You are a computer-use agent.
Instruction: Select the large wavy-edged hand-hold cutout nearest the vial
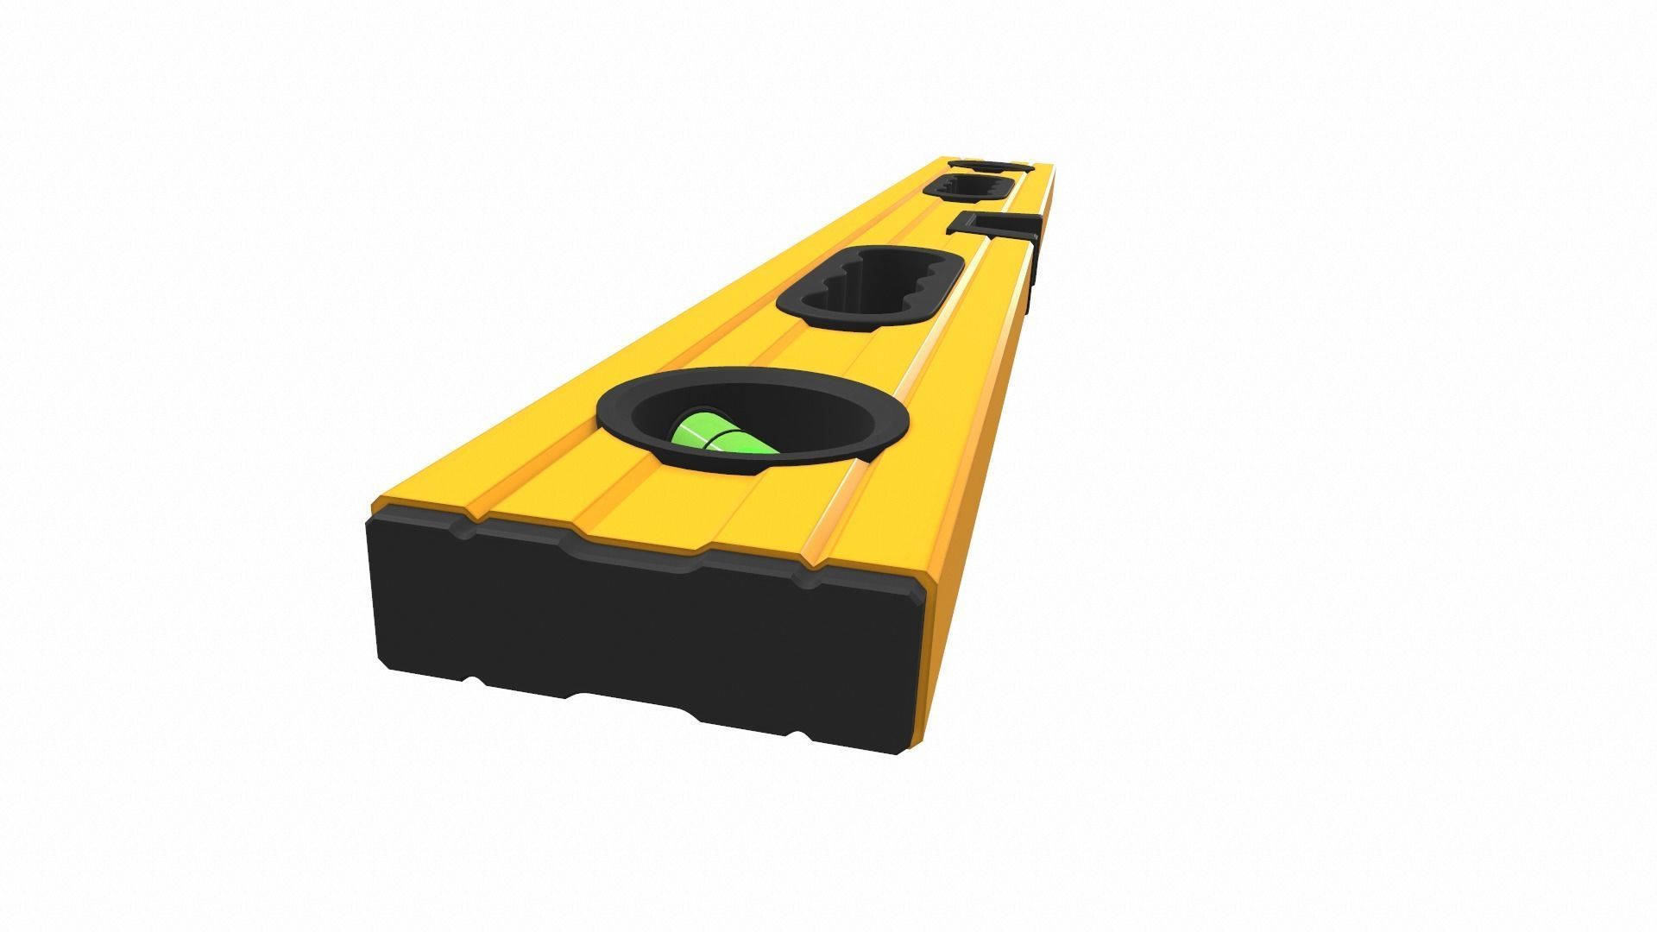[870, 287]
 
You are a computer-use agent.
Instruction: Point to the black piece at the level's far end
[990, 164]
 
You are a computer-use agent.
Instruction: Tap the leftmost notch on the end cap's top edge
[466, 526]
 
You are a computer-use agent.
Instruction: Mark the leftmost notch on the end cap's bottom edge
[473, 682]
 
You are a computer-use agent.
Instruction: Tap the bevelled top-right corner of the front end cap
[920, 595]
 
